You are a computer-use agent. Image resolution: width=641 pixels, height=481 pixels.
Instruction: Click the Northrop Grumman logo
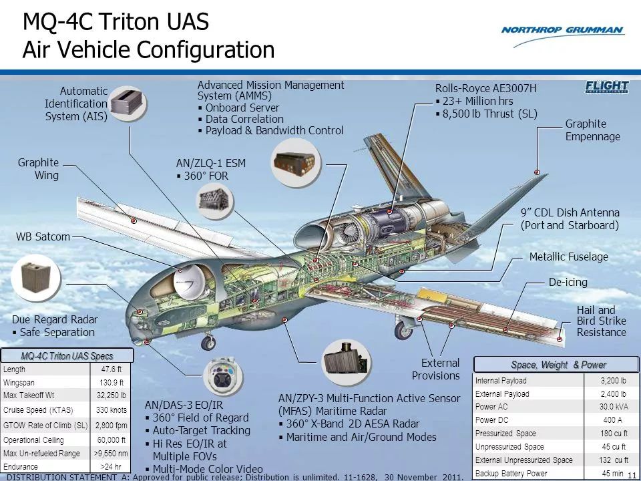tap(562, 35)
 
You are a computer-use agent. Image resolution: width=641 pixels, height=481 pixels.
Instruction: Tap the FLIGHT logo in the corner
tap(607, 87)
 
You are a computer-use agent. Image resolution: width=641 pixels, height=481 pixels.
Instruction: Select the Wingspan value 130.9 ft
tap(112, 382)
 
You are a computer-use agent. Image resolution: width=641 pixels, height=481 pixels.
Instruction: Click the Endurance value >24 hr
tap(112, 466)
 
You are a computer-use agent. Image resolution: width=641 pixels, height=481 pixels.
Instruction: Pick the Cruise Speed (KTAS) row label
tap(38, 410)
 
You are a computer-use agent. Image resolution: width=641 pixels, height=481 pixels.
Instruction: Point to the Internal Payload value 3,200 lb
tap(613, 380)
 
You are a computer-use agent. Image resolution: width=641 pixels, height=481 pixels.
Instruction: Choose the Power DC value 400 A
tap(612, 420)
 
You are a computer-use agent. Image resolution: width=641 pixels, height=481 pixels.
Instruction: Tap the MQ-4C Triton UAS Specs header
tap(67, 356)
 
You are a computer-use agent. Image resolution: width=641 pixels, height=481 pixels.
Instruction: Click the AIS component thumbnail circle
tap(128, 103)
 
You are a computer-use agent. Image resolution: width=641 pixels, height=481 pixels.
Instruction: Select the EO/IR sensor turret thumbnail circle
tap(223, 375)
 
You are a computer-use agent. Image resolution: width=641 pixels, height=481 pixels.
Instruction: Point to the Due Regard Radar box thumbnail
tap(35, 278)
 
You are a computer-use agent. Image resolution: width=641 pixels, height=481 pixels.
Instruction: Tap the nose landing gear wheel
tap(208, 343)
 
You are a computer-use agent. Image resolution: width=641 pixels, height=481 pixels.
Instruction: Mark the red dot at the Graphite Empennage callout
tap(538, 172)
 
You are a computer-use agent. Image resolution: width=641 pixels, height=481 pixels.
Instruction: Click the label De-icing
tap(568, 282)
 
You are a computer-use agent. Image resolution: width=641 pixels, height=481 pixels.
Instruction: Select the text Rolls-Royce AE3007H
tap(485, 88)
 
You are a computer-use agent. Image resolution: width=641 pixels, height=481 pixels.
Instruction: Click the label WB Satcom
tap(43, 236)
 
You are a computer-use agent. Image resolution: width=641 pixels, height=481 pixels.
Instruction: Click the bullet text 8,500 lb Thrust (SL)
tap(489, 114)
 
